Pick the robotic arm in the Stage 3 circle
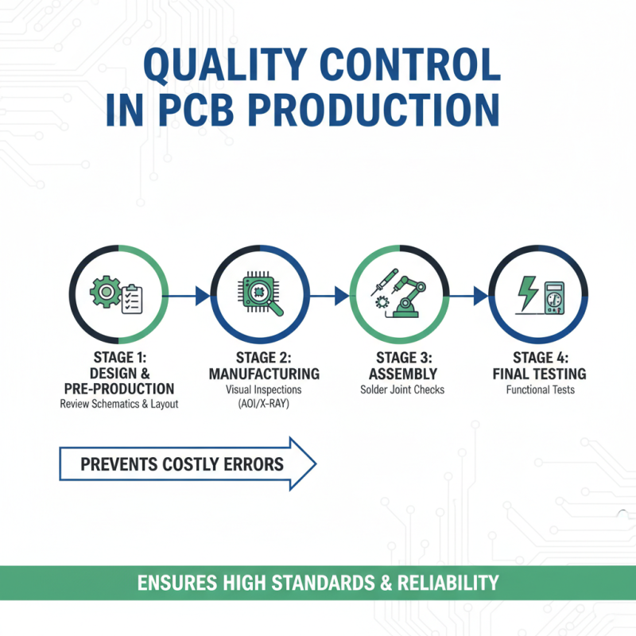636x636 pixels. pyautogui.click(x=409, y=294)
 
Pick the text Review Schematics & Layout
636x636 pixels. pyautogui.click(x=119, y=404)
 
